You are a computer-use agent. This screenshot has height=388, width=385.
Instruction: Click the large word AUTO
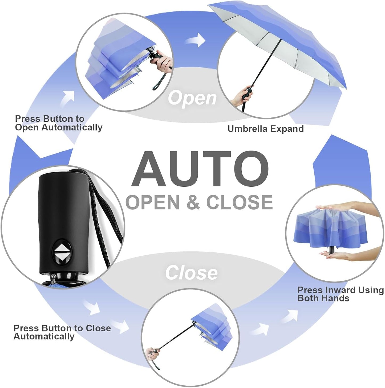(200, 169)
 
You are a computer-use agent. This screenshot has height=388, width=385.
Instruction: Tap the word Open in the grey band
(192, 98)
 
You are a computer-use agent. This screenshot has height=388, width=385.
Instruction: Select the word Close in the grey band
(191, 273)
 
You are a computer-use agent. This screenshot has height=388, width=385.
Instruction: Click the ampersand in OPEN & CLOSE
(193, 202)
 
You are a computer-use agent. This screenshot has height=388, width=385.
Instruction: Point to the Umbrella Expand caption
(266, 129)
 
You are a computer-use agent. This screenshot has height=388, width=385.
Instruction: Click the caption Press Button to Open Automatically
(59, 123)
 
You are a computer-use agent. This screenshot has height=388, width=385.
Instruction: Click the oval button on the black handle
(62, 252)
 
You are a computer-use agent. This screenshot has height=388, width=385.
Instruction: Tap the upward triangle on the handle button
(62, 247)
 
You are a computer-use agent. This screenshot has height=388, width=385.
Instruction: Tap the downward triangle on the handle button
(62, 257)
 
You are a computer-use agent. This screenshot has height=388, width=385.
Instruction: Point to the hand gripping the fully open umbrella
(243, 95)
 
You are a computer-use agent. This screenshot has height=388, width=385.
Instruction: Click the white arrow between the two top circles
(195, 40)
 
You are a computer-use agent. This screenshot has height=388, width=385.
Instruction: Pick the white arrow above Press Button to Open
(67, 98)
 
